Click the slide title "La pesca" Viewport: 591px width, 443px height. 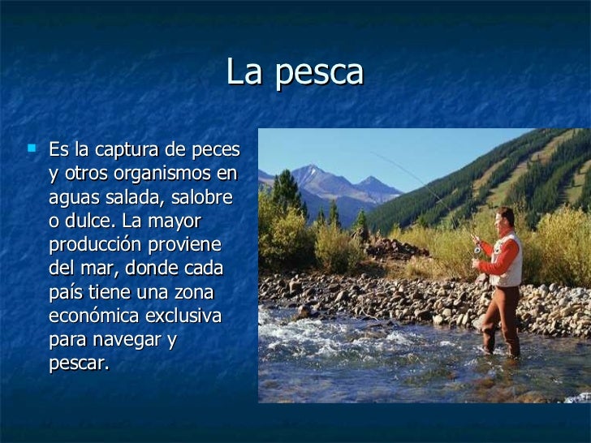295,73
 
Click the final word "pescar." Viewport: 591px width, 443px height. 79,363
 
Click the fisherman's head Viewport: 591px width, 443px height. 505,218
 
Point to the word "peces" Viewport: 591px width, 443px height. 214,151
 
